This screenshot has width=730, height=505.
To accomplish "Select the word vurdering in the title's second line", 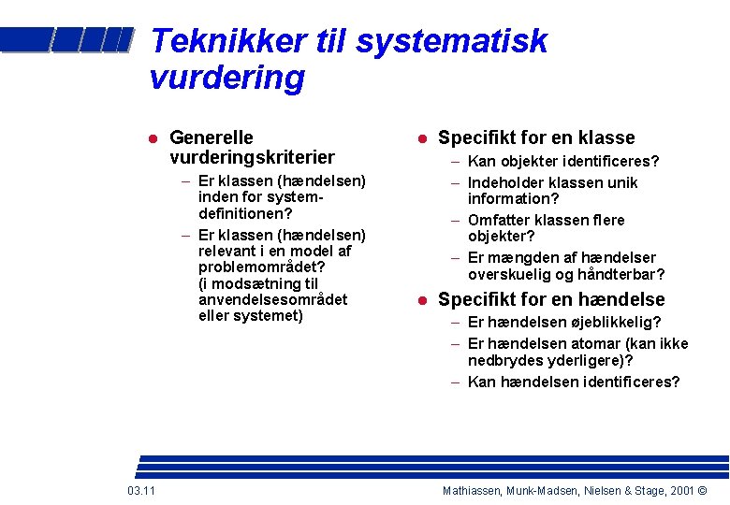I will click(x=226, y=78).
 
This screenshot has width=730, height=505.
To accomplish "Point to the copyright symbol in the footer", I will click(x=702, y=491).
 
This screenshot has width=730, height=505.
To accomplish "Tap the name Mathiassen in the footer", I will click(x=474, y=491).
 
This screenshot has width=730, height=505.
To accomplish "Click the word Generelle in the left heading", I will click(x=211, y=138).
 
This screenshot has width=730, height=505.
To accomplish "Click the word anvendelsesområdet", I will click(x=272, y=299).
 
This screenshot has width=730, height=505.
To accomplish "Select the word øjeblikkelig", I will click(x=606, y=322).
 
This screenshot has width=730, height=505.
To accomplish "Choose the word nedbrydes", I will click(x=502, y=360).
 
